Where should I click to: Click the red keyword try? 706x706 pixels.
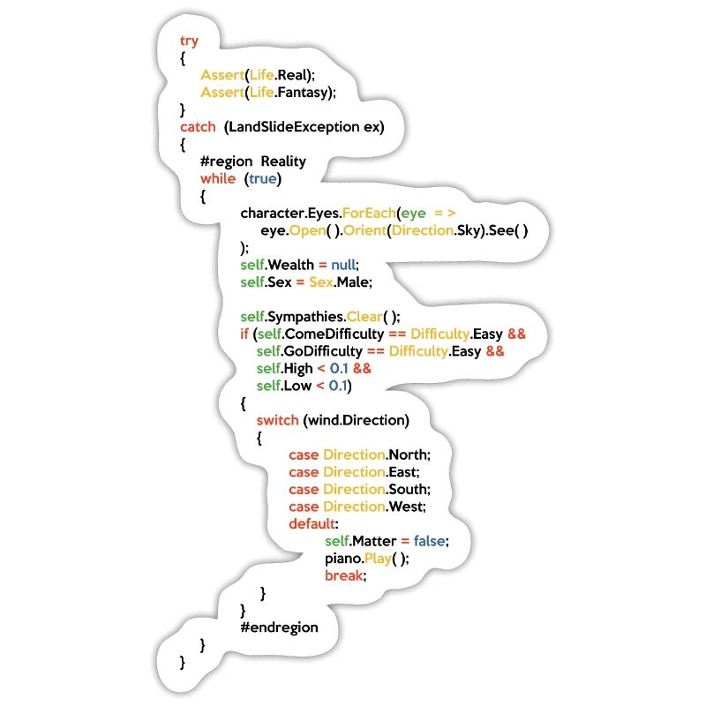[189, 41]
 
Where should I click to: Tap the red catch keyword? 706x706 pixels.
[198, 126]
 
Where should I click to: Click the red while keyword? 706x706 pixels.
[218, 178]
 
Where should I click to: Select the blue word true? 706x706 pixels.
[262, 178]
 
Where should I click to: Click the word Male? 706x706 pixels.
[357, 282]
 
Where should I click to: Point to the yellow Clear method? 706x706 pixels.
[372, 317]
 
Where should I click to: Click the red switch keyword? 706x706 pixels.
[277, 420]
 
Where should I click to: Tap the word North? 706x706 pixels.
[409, 454]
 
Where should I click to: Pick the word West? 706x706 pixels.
[407, 507]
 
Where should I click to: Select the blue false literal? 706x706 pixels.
[431, 540]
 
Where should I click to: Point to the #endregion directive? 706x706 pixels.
[279, 627]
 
